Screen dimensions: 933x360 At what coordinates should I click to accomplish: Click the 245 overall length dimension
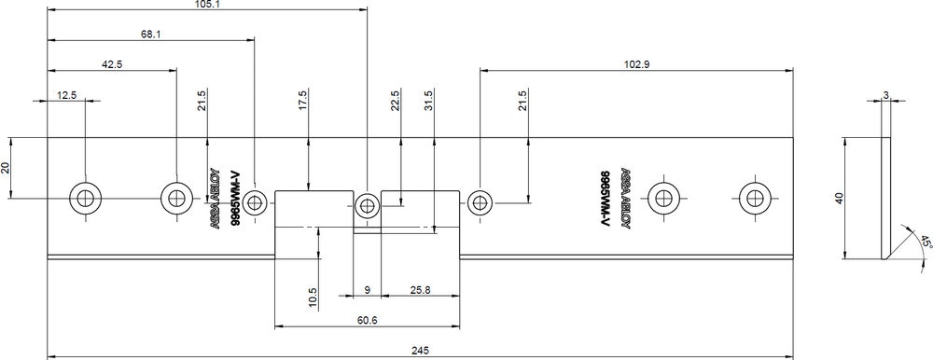coord(420,350)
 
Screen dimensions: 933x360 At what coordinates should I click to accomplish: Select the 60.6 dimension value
coord(367,320)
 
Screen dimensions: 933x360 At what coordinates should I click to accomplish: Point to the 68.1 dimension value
coord(150,34)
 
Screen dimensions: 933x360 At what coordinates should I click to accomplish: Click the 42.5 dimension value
coord(112,64)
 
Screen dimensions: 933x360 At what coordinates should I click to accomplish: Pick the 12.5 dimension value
coord(66,94)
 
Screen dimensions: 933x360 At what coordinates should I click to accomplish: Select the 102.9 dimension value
coord(636,64)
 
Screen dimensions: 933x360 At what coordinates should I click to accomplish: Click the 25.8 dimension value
coord(420,290)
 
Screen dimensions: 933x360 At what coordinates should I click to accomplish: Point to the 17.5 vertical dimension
coord(302,100)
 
